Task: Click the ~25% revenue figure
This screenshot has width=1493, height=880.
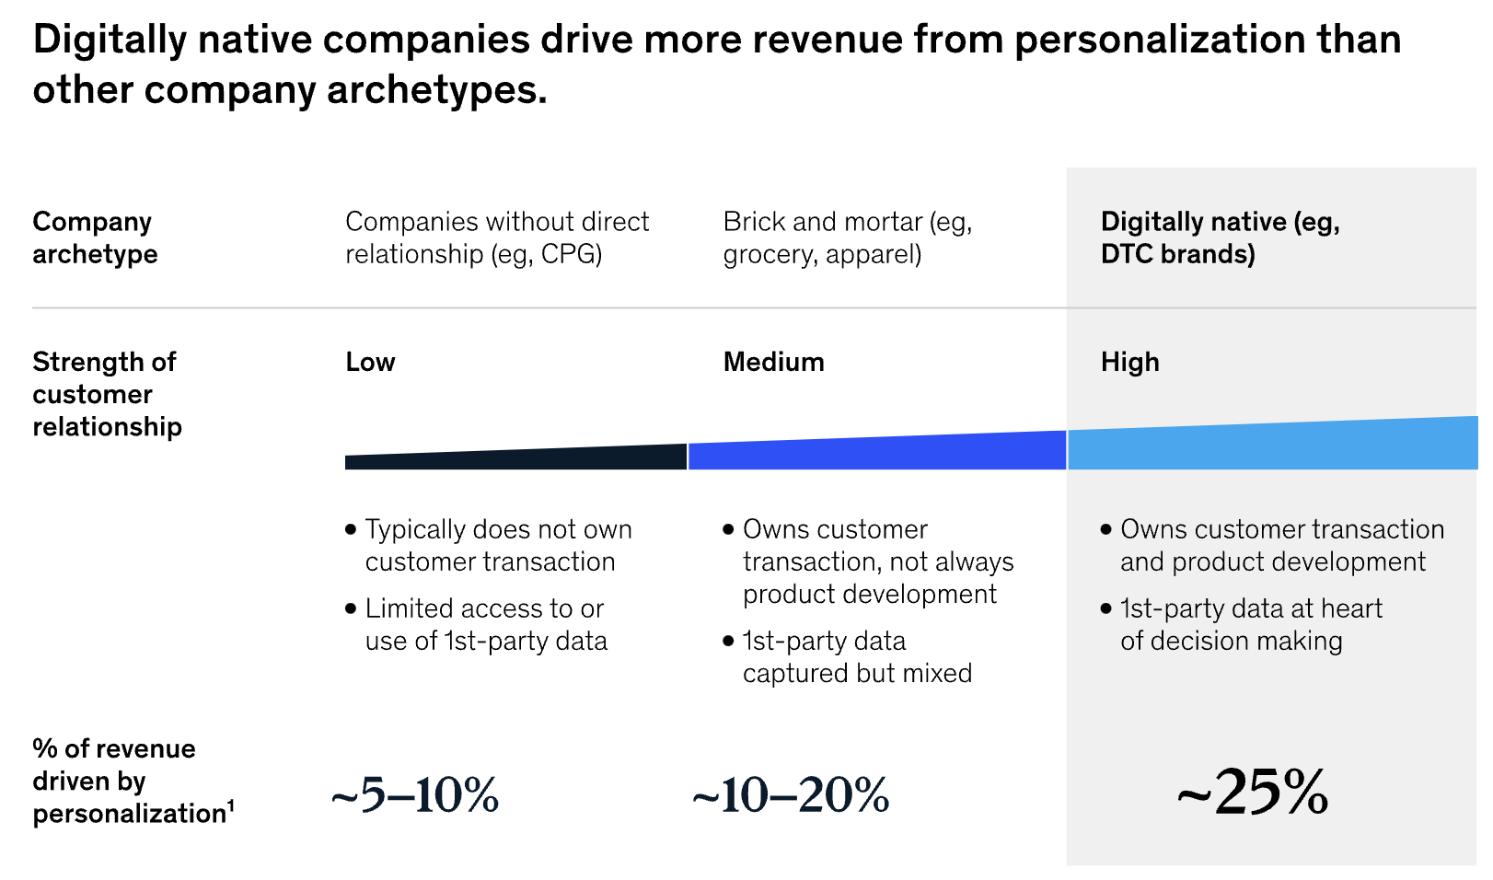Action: tap(1253, 793)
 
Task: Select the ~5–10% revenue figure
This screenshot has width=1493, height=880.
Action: tap(415, 795)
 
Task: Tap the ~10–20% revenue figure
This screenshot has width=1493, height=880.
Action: tap(791, 795)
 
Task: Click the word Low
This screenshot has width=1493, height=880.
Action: tap(370, 362)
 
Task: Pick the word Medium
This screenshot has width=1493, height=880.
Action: tap(773, 362)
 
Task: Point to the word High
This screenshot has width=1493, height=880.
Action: tap(1129, 362)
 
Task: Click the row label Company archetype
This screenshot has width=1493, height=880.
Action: tap(95, 237)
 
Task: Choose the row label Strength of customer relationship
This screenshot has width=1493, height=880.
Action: tap(107, 394)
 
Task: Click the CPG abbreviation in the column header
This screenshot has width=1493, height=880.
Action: tap(571, 254)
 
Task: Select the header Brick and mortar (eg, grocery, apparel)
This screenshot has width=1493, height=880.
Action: tap(847, 237)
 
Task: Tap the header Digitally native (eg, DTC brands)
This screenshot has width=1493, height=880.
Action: tap(1220, 237)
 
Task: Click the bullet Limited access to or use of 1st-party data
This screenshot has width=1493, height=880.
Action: tap(486, 624)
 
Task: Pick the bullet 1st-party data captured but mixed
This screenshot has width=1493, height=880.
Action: tap(856, 656)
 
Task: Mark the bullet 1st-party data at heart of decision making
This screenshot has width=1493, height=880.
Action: tap(1250, 624)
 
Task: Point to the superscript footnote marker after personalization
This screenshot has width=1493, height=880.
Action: tap(231, 806)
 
